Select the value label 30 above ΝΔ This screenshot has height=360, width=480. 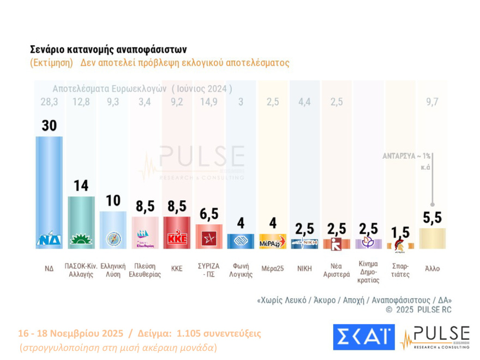coord(49,125)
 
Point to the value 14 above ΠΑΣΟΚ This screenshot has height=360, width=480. coord(81,185)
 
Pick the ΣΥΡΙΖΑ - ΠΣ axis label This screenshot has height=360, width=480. coord(208,271)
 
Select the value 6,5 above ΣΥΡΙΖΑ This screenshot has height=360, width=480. coord(208,213)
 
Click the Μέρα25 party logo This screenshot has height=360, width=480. coord(272,240)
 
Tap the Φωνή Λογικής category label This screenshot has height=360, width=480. coord(241,271)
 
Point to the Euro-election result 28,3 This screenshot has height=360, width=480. coord(49,101)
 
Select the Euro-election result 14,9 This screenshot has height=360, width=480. coord(208,101)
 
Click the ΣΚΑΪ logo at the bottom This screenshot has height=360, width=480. coord(363,337)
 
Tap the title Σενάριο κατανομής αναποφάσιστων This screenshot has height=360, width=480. coord(109,49)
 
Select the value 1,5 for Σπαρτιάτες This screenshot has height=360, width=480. coord(400,231)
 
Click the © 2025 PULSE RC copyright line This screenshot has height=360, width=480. coord(418,310)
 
